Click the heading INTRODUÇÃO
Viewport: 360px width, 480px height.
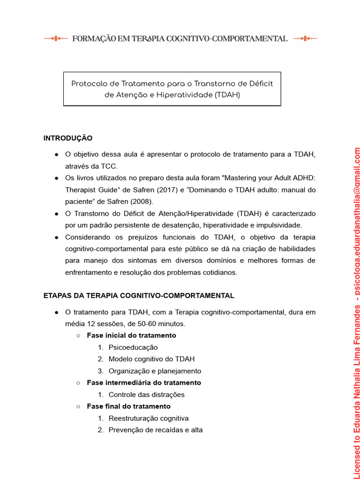(x=68, y=138)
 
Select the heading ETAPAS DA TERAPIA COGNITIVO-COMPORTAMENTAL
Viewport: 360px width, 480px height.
(x=139, y=296)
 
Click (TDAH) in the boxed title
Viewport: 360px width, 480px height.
(x=228, y=95)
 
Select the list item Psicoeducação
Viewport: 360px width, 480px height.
(x=133, y=347)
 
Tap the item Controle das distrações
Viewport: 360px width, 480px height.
(x=146, y=395)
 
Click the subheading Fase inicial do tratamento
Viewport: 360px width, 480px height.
(x=131, y=336)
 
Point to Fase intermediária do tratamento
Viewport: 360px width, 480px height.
(x=144, y=383)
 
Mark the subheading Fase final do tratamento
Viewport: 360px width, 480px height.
(x=128, y=406)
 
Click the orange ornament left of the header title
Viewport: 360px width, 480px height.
(x=56, y=38)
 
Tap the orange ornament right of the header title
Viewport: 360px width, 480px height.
(x=305, y=38)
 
